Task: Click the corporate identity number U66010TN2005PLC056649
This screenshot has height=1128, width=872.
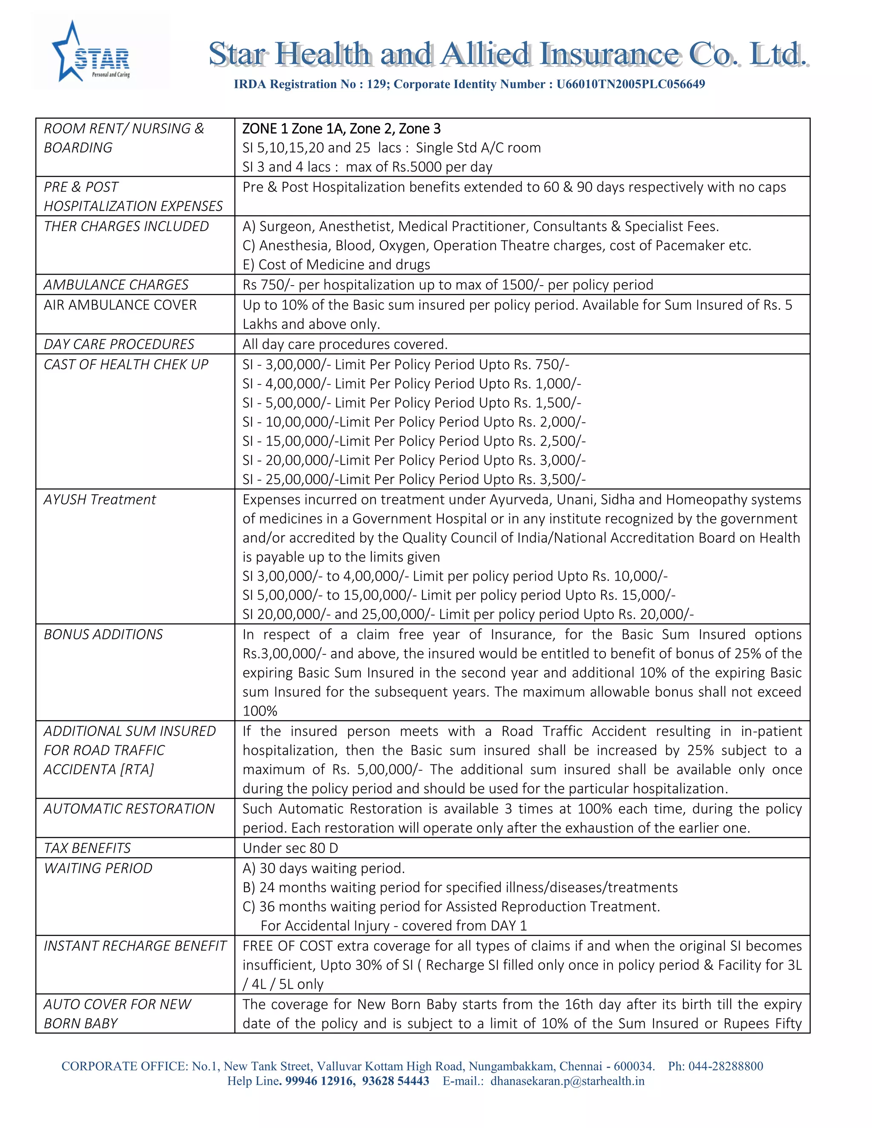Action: coord(630,84)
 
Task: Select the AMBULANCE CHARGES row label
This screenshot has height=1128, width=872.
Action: coord(116,285)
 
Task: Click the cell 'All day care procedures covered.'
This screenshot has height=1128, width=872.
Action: coord(344,344)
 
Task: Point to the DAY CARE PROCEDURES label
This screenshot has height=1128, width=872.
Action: coord(119,344)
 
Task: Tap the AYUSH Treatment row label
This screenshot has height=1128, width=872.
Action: coord(100,499)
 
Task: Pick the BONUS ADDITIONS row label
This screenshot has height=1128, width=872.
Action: coord(103,634)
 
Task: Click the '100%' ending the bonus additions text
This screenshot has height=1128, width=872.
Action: coord(260,711)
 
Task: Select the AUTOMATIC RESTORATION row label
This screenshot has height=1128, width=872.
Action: coord(129,809)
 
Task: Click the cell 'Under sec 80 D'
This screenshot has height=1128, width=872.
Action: coord(290,848)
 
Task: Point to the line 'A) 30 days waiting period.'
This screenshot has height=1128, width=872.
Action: coord(324,868)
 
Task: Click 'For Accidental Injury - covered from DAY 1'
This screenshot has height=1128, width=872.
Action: coord(394,925)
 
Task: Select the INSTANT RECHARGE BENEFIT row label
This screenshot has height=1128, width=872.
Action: coord(135,946)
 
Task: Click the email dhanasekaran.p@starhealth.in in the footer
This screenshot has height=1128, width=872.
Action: coord(567,1081)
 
